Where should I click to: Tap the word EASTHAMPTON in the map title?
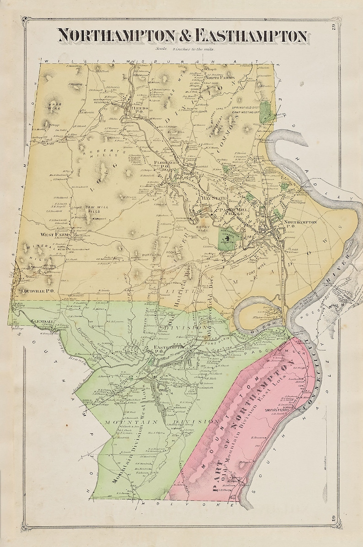251,36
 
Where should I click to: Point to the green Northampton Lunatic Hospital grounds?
228,237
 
